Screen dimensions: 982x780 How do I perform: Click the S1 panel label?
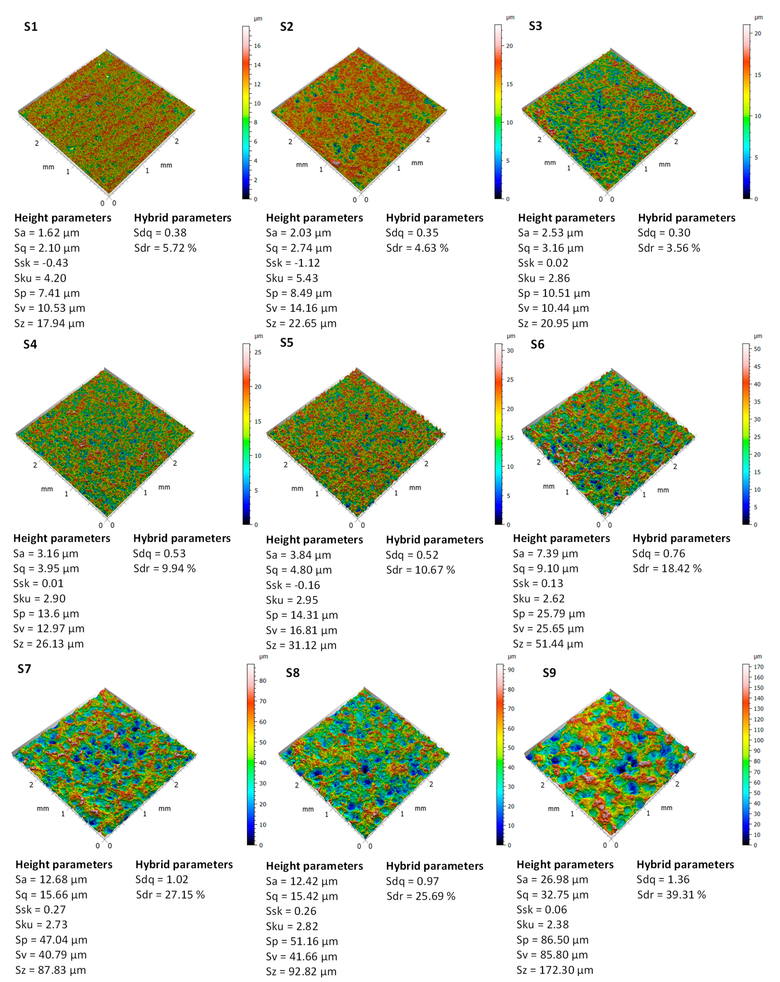pyautogui.click(x=31, y=26)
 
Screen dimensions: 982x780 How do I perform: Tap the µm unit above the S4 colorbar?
pyautogui.click(x=259, y=336)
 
